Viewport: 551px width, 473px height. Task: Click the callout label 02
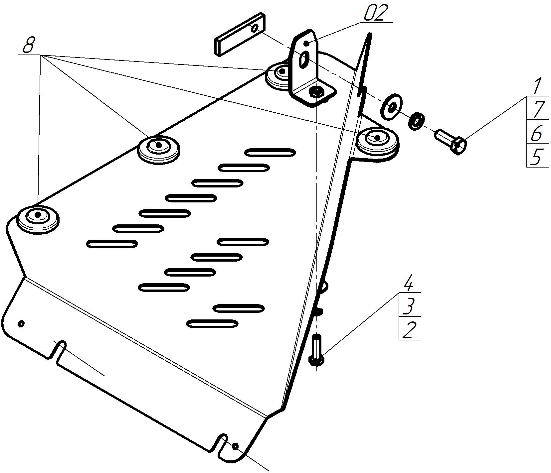coord(376,13)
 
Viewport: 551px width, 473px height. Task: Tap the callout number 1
coord(536,86)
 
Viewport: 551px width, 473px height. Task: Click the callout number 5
coord(536,156)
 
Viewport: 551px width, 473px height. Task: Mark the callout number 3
coord(408,306)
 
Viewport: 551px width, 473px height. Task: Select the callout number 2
coord(409,330)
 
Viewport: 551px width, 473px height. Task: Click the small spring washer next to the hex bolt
coord(416,121)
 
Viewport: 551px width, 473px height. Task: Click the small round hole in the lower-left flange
coord(21,323)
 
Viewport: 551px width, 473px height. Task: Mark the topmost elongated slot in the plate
coord(270,153)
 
